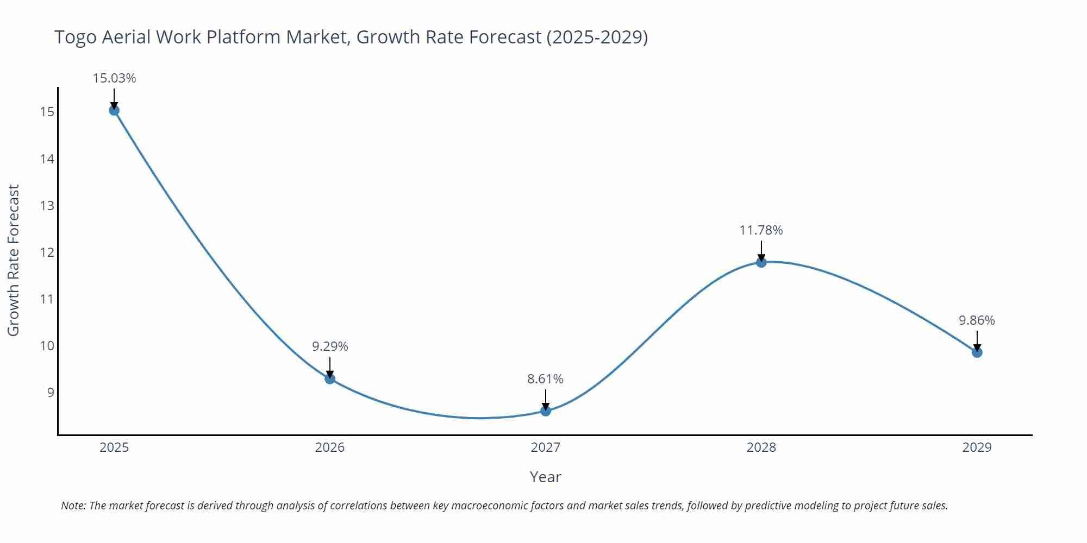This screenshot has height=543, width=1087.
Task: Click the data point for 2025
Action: pyautogui.click(x=114, y=110)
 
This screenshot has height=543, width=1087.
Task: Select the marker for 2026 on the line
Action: pyautogui.click(x=330, y=378)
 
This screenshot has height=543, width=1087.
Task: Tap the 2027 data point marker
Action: pyautogui.click(x=546, y=411)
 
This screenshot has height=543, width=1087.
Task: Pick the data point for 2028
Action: pyautogui.click(x=761, y=262)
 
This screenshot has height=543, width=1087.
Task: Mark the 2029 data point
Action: pyautogui.click(x=977, y=352)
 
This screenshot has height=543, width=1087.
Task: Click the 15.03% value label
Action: pyautogui.click(x=114, y=78)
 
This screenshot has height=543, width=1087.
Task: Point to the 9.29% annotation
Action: pyautogui.click(x=330, y=346)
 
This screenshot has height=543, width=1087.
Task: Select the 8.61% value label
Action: pyautogui.click(x=545, y=379)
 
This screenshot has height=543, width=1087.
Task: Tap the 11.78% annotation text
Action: pyautogui.click(x=761, y=230)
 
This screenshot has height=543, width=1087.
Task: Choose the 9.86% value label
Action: pyautogui.click(x=977, y=320)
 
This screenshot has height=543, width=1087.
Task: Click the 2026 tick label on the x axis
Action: pyautogui.click(x=330, y=447)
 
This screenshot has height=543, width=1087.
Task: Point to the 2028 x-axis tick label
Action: pyautogui.click(x=761, y=447)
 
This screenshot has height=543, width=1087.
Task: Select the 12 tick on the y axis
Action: pyautogui.click(x=47, y=252)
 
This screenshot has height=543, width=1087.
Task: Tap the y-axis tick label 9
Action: pyautogui.click(x=51, y=393)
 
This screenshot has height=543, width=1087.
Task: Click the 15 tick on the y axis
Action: pyautogui.click(x=47, y=112)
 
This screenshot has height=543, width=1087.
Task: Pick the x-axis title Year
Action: pyautogui.click(x=545, y=477)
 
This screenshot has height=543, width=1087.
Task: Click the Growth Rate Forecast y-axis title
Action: pyautogui.click(x=14, y=260)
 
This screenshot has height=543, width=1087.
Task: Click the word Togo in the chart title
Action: pyautogui.click(x=76, y=37)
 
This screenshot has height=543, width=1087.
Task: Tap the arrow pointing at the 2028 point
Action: pyautogui.click(x=761, y=251)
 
